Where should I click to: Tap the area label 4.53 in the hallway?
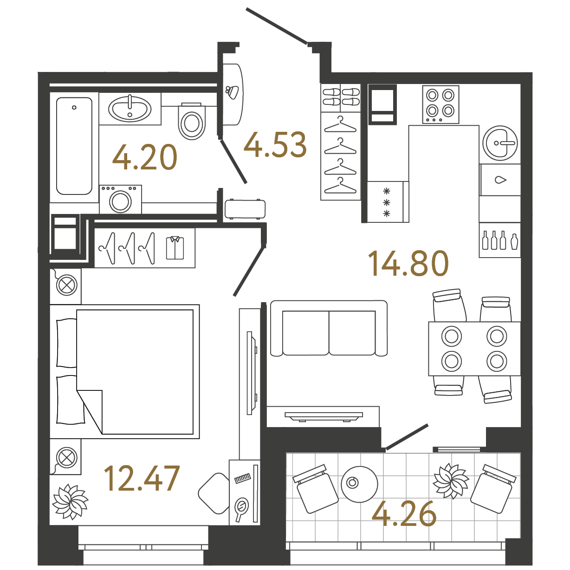[275, 145]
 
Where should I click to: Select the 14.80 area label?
[408, 263]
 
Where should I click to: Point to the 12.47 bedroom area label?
[142, 479]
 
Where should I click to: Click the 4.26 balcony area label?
[404, 514]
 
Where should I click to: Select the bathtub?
[74, 146]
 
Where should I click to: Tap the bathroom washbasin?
[130, 109]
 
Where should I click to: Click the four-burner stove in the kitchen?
[440, 104]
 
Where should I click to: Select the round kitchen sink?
[500, 143]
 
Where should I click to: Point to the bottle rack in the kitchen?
[499, 240]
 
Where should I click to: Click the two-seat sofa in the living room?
[329, 329]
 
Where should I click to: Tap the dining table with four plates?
[474, 349]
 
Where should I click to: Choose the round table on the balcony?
[359, 483]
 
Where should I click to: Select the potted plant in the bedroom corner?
[70, 501]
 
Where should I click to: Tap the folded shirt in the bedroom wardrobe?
[175, 247]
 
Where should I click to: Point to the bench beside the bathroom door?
[245, 208]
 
